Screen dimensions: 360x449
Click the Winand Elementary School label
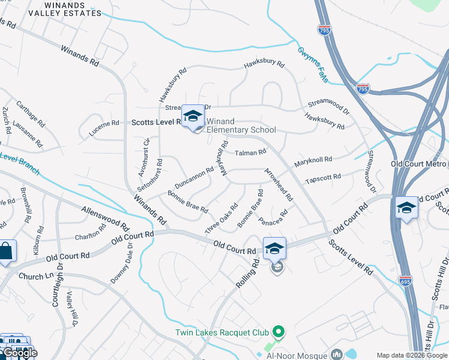click(x=241, y=125)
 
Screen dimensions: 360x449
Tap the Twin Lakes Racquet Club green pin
click(x=277, y=331)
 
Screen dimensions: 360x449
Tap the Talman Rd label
click(x=250, y=153)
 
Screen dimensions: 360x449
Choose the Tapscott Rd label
click(x=323, y=178)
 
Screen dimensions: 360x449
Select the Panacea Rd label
click(x=273, y=217)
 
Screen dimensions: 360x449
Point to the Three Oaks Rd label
click(x=221, y=220)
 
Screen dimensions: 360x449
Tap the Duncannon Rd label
click(x=194, y=176)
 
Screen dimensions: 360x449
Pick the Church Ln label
click(x=35, y=277)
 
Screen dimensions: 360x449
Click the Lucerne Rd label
click(x=104, y=124)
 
